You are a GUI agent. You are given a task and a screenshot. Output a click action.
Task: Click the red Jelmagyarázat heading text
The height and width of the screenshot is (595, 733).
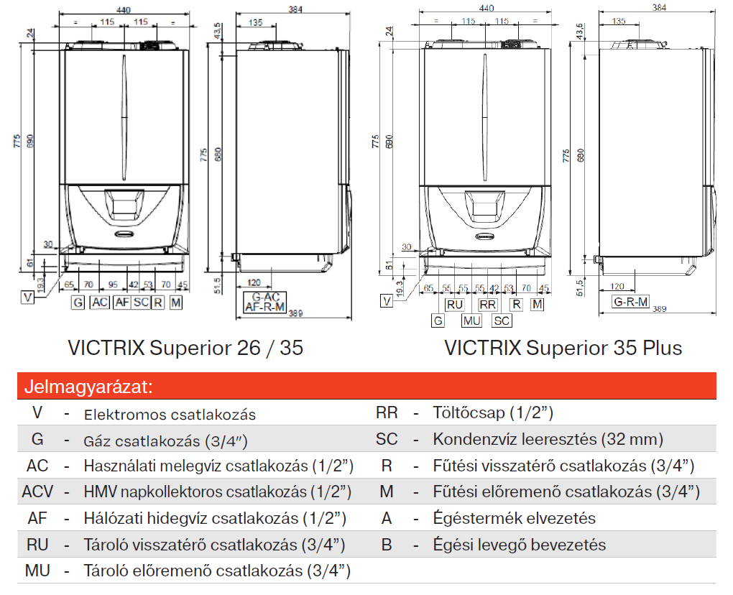[x=88, y=387]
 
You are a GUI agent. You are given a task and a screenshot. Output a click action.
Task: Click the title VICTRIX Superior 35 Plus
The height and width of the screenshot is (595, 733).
[x=563, y=348]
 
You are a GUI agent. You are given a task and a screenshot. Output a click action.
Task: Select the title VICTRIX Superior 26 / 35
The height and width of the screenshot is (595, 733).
[x=185, y=348]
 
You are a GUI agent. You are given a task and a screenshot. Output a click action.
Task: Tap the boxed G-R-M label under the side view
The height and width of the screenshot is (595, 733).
[x=630, y=301]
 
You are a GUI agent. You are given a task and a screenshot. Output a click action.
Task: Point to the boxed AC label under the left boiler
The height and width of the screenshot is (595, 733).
[x=100, y=303]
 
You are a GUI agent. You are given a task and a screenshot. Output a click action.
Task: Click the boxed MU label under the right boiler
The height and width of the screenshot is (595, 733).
[x=471, y=320]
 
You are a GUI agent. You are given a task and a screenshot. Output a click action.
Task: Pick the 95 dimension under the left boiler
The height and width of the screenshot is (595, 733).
[x=113, y=285]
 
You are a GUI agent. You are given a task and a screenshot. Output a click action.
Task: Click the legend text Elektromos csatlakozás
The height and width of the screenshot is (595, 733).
[x=170, y=415]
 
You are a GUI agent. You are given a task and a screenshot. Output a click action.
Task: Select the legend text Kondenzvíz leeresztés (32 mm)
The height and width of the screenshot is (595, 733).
[x=548, y=439]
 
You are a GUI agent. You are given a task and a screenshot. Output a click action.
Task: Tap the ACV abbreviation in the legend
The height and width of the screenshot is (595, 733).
[x=37, y=492]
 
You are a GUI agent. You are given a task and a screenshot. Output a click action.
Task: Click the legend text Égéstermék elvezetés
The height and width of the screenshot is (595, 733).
[x=515, y=518]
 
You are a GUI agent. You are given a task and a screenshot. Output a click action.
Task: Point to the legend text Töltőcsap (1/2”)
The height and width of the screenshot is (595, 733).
[x=493, y=413]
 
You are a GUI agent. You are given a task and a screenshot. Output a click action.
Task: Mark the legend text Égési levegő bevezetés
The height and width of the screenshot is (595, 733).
[x=520, y=545]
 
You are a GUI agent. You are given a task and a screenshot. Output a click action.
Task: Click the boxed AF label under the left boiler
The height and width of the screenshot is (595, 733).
[x=121, y=303]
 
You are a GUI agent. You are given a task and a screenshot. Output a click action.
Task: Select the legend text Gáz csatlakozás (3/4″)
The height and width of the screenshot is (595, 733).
[x=170, y=441]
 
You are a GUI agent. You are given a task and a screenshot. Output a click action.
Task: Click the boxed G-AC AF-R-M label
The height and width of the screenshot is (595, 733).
[x=265, y=302]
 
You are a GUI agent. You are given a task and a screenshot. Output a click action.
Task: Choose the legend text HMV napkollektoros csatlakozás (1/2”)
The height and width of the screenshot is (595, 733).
[x=217, y=492]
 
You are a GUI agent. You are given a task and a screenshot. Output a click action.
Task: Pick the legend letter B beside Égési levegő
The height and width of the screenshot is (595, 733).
[x=387, y=545]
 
